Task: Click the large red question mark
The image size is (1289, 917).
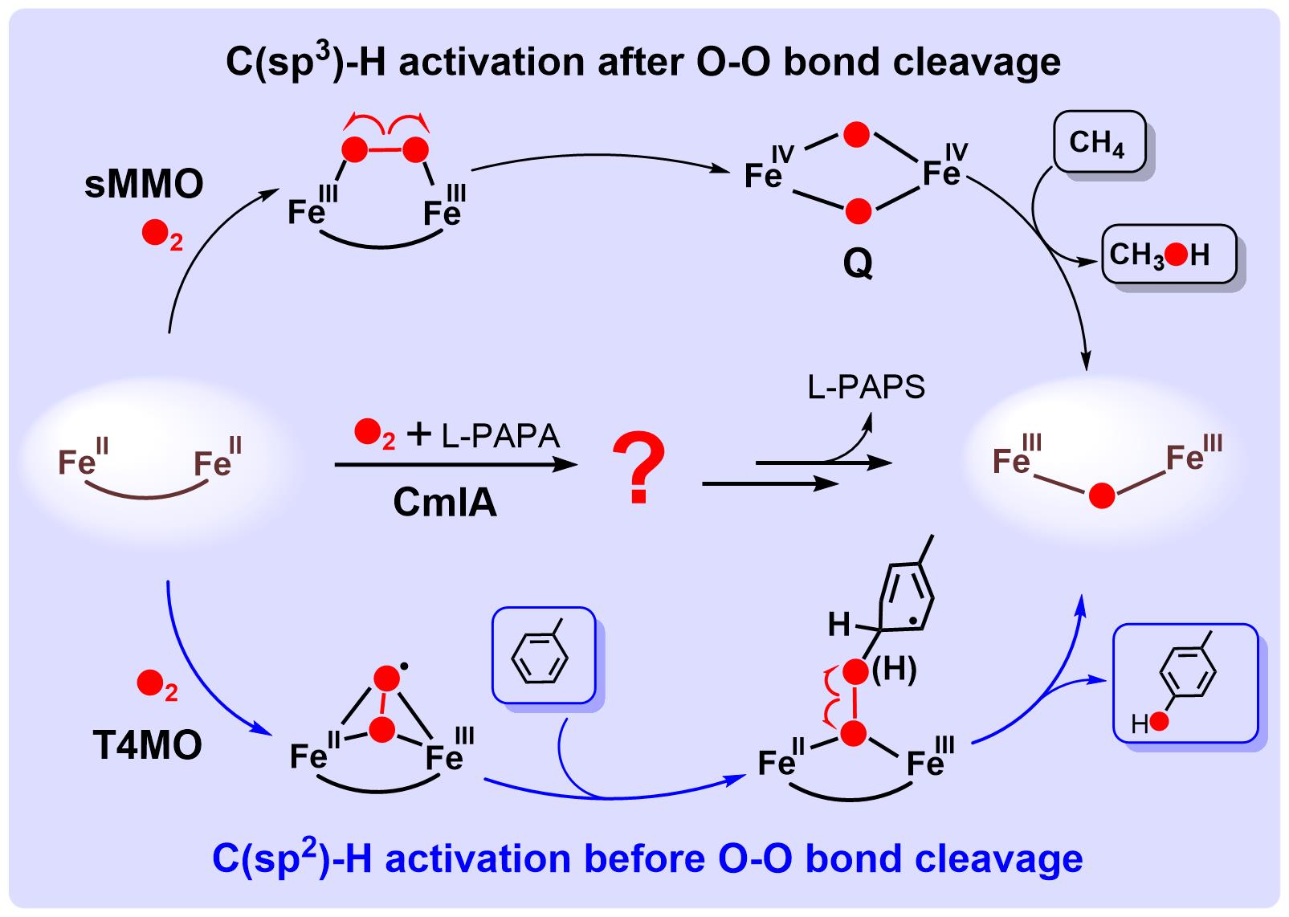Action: [x=638, y=469]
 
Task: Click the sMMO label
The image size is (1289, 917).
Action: [x=145, y=185]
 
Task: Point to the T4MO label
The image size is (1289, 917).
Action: [x=147, y=746]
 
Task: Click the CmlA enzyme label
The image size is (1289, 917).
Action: [x=445, y=503]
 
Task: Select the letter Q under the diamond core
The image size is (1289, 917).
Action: [x=858, y=263]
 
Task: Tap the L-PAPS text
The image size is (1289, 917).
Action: [x=867, y=388]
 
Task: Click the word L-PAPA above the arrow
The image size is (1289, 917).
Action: [x=500, y=435]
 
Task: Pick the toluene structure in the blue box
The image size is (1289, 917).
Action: [x=542, y=655]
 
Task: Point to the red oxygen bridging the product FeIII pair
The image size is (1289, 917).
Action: [x=1102, y=495]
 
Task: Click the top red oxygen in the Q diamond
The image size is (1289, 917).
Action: [x=857, y=135]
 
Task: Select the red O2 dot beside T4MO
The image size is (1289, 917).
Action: [x=150, y=683]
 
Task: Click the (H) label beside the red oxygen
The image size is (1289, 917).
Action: [x=894, y=670]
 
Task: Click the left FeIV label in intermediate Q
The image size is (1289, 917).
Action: [x=768, y=166]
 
